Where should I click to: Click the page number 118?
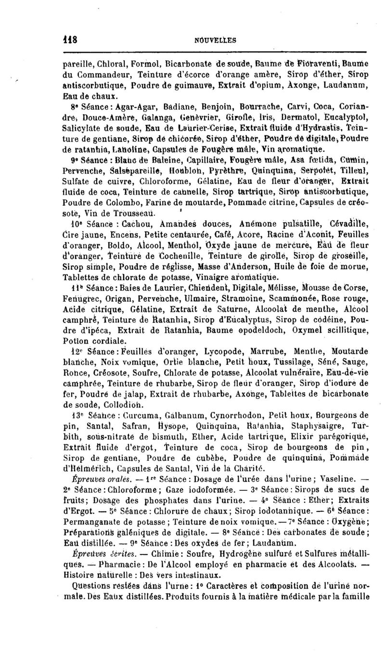[60, 41]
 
